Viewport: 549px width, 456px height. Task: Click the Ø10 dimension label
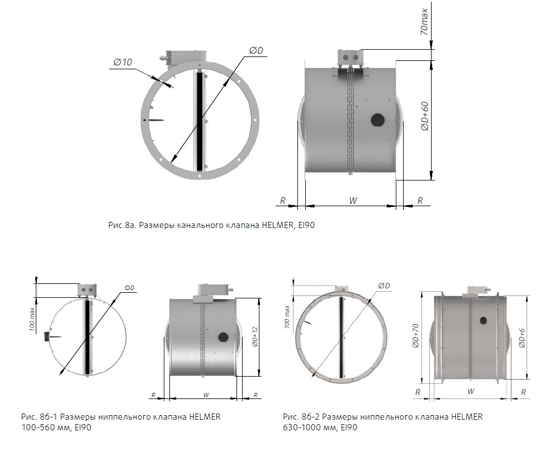coord(122,62)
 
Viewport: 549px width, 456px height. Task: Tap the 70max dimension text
coord(424,22)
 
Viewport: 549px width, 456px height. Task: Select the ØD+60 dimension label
coord(425,117)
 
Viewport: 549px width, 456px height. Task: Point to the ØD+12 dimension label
coord(254,336)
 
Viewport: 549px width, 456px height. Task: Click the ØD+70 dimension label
coord(415,336)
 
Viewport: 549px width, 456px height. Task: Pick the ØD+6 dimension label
coord(522,338)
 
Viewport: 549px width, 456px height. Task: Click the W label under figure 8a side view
coord(353,201)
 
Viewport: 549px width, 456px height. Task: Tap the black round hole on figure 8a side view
coord(378,120)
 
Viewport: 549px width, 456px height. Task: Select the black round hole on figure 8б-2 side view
coord(484,320)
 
